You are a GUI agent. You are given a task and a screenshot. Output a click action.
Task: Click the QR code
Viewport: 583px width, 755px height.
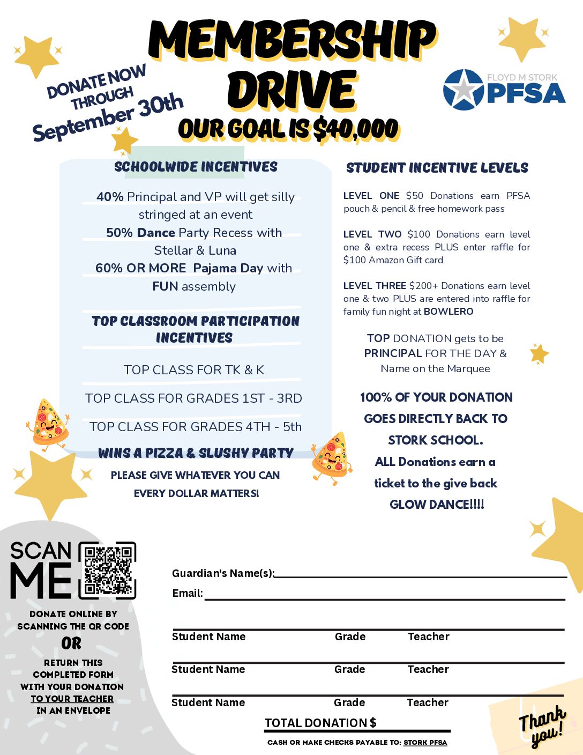click(108, 570)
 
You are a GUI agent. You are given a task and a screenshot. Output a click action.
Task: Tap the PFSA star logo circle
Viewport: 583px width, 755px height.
click(464, 90)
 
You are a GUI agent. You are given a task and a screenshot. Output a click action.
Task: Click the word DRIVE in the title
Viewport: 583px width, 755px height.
click(291, 90)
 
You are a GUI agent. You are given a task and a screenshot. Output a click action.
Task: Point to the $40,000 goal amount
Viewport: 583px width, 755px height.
click(355, 129)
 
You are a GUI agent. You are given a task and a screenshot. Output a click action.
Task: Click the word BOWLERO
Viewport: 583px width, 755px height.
click(449, 312)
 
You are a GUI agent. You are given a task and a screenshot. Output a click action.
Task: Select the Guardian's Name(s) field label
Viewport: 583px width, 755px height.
click(223, 573)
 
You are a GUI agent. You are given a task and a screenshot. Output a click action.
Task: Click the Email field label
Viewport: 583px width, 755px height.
click(188, 593)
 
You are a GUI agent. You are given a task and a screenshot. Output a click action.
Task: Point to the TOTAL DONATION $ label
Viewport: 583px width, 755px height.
click(320, 723)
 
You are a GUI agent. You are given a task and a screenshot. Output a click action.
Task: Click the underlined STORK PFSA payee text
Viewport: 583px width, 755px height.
click(425, 743)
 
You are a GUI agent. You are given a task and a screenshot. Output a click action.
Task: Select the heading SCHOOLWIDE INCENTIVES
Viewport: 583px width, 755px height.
click(196, 167)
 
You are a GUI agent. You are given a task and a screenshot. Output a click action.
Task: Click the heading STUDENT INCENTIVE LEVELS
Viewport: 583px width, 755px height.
click(437, 168)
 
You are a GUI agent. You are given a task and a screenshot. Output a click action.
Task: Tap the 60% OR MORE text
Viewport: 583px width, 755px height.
click(140, 268)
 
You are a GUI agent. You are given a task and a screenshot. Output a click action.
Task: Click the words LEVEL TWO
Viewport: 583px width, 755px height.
click(372, 234)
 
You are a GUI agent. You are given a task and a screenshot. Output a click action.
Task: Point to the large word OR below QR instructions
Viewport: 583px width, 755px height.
click(71, 643)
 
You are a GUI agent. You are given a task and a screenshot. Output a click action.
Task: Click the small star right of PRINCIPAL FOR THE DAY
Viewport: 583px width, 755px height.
click(539, 354)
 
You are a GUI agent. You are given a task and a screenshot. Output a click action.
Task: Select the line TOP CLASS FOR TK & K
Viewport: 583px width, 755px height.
click(193, 370)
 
